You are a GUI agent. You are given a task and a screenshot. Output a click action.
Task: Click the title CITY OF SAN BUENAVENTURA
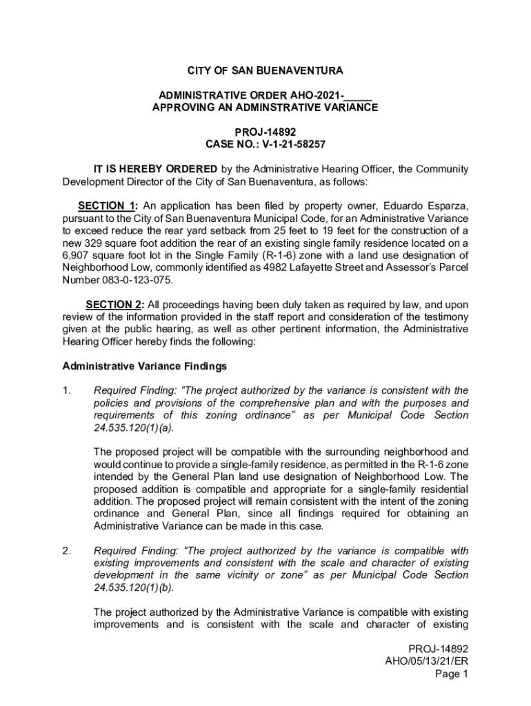(265, 71)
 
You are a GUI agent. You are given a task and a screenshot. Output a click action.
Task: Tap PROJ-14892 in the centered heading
(265, 132)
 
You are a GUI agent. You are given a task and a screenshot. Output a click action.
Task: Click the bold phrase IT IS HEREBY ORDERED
(155, 170)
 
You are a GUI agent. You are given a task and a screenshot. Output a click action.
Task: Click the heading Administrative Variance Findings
(145, 366)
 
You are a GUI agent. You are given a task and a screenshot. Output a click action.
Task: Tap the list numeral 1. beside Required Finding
(67, 391)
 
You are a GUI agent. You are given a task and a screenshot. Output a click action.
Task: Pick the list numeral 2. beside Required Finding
(67, 551)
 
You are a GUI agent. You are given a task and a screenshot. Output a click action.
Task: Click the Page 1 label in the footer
(451, 675)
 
